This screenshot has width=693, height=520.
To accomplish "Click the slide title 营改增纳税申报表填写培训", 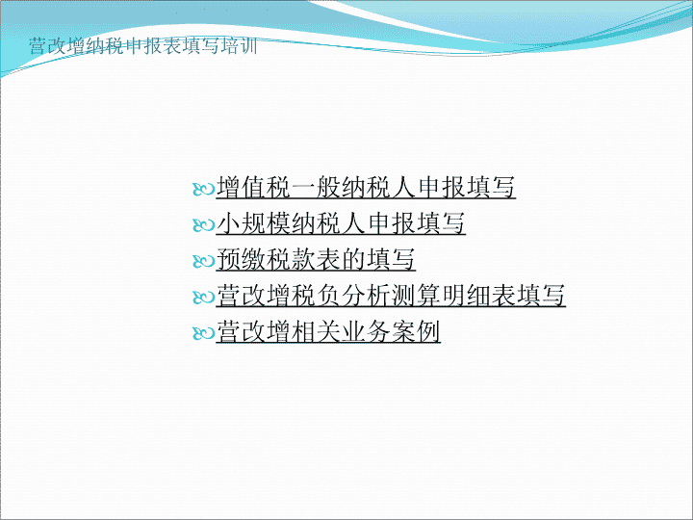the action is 143,46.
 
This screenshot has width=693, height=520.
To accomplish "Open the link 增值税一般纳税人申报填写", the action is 366,187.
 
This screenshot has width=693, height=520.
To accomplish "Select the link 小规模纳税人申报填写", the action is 341,222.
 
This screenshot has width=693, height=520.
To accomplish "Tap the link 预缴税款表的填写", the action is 316,259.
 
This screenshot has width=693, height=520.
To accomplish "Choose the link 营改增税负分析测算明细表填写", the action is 391,295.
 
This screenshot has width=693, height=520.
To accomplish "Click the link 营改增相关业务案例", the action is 328,331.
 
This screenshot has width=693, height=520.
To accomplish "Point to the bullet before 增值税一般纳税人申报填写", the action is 203,190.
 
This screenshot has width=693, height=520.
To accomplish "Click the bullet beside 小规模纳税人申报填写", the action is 203,225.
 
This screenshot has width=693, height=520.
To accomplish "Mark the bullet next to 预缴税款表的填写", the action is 203,261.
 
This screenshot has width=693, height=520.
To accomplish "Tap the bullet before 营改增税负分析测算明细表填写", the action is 203,298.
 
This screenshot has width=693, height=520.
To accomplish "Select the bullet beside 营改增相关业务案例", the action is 203,333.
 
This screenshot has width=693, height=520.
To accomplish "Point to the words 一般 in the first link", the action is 316,187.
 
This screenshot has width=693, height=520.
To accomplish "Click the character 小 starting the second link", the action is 228,222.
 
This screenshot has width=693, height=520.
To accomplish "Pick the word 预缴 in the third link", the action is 241,259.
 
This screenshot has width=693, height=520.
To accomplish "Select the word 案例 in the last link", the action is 416,331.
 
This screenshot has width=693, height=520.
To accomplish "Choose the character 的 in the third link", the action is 353,259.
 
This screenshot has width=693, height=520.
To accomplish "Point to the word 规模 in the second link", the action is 266,222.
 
